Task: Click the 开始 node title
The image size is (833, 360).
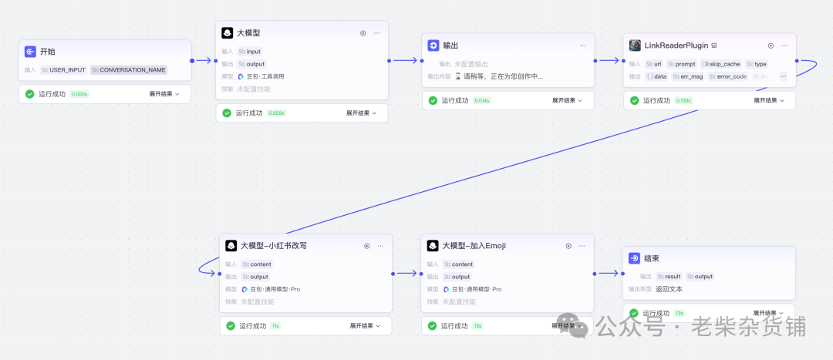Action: (48, 52)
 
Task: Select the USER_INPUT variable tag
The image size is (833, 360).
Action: (64, 70)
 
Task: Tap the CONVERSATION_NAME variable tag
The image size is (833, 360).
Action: (129, 70)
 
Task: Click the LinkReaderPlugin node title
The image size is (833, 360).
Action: (676, 45)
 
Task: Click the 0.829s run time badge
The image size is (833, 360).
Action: (277, 113)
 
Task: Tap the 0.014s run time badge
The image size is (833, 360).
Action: (482, 101)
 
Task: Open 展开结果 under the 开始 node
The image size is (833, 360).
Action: (164, 94)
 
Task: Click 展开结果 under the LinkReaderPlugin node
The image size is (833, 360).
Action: (768, 101)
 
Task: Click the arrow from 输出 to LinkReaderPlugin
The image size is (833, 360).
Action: (609, 60)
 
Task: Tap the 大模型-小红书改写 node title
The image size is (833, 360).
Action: (274, 246)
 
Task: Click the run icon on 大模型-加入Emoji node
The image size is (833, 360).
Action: (568, 246)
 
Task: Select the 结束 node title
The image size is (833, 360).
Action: (651, 258)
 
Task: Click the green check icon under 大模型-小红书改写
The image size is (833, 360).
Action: (230, 326)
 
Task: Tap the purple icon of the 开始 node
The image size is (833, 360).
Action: (30, 52)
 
